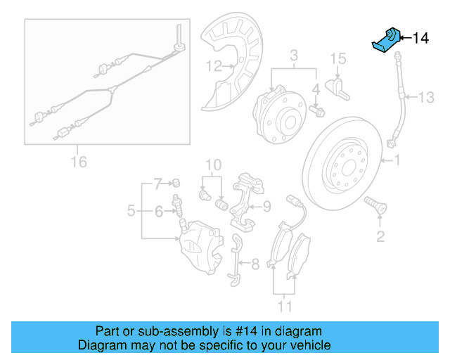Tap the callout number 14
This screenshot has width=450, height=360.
point(420,38)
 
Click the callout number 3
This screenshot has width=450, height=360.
point(295,55)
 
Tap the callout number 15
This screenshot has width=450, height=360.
point(338,58)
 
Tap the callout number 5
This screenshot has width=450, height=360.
point(131,210)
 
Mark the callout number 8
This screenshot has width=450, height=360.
point(255,264)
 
